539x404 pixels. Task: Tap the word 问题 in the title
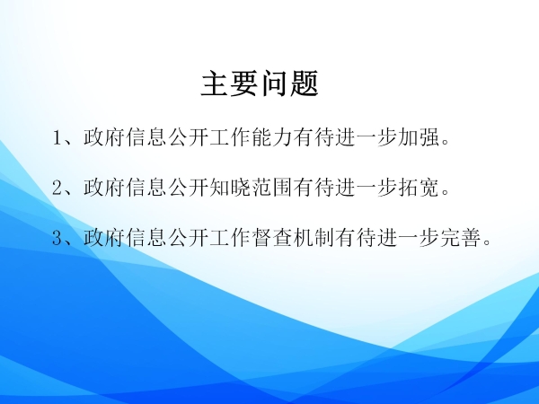click(291, 83)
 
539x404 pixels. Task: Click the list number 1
click(57, 137)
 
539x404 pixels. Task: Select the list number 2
click(57, 188)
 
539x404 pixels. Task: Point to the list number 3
click(57, 238)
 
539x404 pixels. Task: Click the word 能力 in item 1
click(271, 137)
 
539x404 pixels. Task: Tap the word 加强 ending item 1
click(419, 137)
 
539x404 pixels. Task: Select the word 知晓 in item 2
click(230, 188)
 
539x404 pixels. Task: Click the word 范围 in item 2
click(271, 188)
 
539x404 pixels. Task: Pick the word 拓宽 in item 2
click(419, 188)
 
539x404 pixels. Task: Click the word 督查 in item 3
click(271, 237)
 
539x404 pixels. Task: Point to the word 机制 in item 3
click(314, 237)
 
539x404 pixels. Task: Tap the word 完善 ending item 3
click(460, 237)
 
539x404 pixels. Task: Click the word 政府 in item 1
click(104, 137)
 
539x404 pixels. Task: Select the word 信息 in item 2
click(146, 188)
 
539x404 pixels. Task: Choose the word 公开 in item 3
click(188, 237)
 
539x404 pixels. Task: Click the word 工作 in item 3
click(230, 237)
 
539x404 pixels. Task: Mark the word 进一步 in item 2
click(367, 188)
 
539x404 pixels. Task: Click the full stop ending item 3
click(487, 242)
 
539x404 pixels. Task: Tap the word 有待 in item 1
click(314, 137)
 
